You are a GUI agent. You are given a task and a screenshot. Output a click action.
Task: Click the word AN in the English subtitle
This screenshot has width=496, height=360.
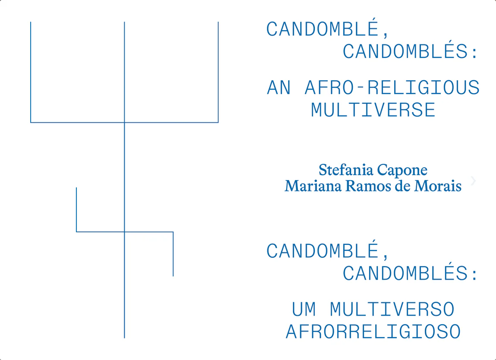click(279, 88)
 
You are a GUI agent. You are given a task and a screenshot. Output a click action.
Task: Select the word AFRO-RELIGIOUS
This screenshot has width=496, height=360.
click(392, 88)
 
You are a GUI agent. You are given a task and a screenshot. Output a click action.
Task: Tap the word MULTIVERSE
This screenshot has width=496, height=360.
click(373, 110)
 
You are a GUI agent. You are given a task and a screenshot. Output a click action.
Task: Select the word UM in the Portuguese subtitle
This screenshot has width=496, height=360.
click(304, 309)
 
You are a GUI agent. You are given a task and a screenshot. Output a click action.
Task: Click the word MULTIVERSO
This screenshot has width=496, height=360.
click(392, 309)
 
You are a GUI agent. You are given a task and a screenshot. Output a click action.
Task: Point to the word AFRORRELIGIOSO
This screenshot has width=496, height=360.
click(373, 332)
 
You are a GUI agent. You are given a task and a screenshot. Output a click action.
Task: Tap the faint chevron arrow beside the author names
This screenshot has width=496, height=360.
click(474, 181)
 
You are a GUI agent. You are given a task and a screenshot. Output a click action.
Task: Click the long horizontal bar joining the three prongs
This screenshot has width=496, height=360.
click(124, 122)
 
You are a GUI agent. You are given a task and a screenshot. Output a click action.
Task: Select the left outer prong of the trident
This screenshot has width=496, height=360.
click(31, 72)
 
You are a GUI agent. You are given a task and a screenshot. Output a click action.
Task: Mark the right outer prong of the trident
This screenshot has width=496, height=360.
click(218, 72)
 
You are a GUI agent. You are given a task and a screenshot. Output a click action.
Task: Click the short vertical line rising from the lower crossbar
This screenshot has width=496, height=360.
click(76, 210)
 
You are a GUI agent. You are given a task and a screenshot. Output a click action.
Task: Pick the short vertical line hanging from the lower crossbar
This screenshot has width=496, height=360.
click(173, 254)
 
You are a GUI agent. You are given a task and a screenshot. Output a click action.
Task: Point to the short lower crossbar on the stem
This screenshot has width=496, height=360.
click(125, 232)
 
